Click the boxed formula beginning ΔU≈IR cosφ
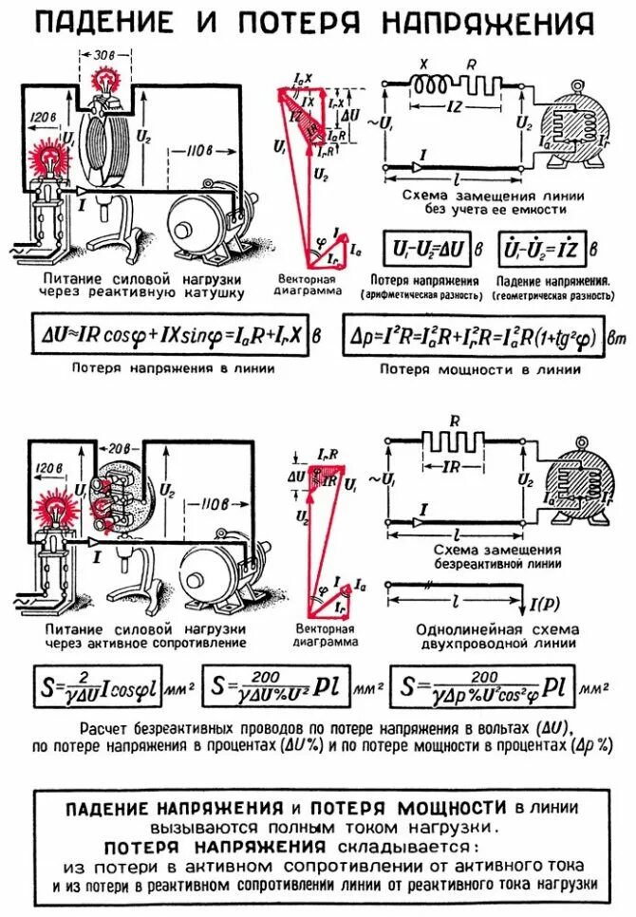(x=166, y=336)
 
